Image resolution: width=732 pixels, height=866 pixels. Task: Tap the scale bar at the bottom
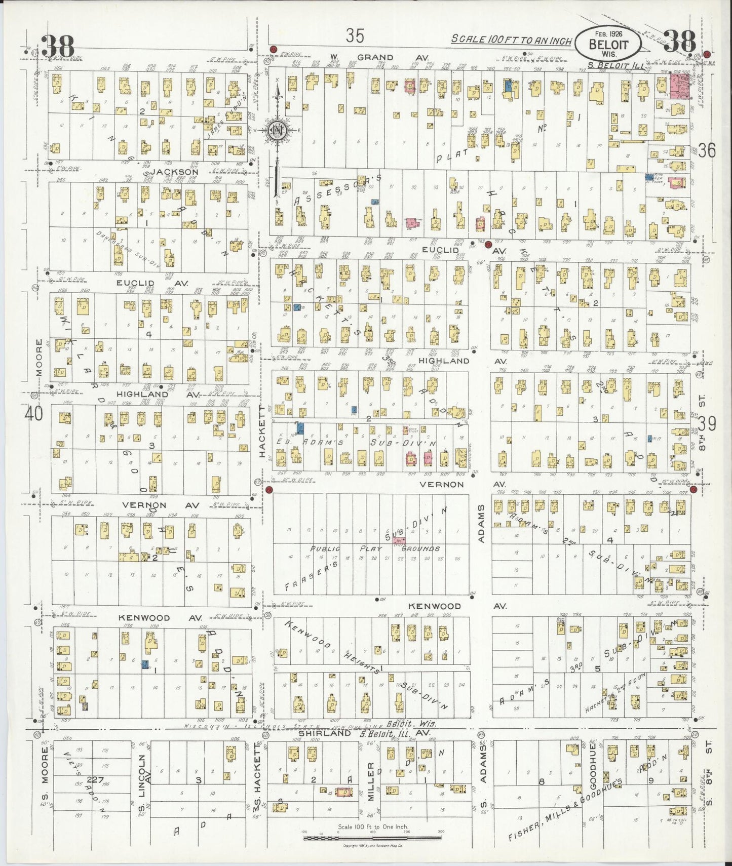(372, 838)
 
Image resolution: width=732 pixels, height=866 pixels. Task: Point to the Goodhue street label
(592, 769)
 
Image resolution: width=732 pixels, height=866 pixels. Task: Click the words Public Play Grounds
(375, 548)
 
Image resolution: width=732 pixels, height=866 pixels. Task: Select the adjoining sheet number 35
(355, 35)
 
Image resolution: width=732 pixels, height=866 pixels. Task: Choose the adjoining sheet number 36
(707, 150)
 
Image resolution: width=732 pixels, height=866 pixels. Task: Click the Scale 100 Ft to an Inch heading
(512, 40)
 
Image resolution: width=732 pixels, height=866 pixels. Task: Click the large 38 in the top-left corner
(57, 47)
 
